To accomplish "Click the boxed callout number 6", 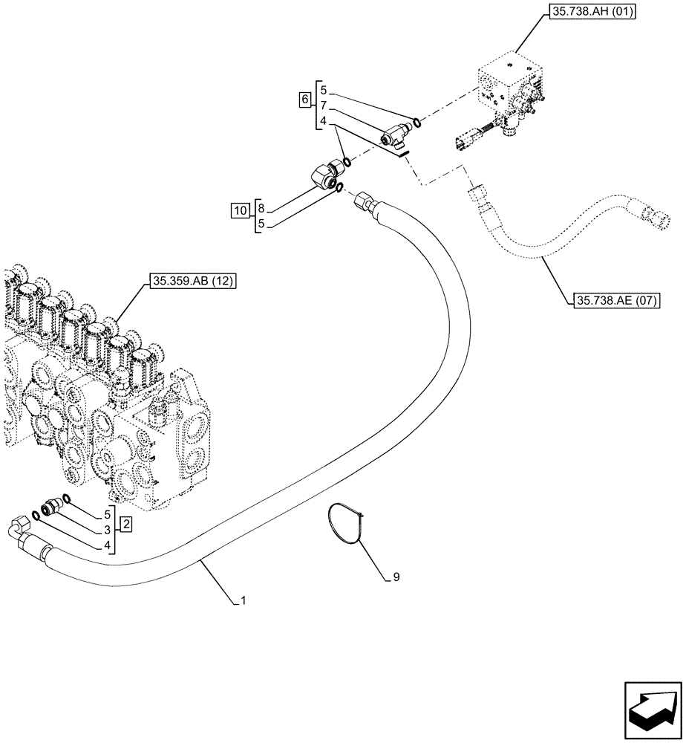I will tap(304, 99).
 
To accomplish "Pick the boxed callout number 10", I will tap(239, 212).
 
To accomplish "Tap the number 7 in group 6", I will tap(324, 106).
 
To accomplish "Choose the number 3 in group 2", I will tap(108, 530).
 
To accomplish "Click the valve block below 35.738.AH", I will tap(508, 88).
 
